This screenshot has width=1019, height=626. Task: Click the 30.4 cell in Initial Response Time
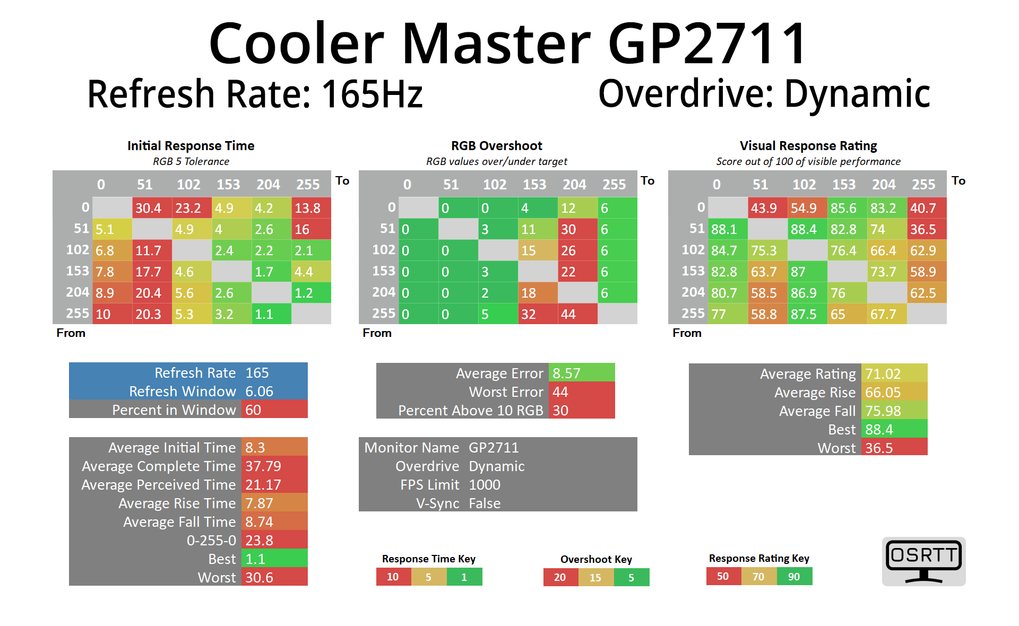pyautogui.click(x=152, y=208)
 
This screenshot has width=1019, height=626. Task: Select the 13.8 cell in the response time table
pyautogui.click(x=311, y=208)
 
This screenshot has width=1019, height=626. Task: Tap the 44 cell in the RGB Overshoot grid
pyautogui.click(x=577, y=314)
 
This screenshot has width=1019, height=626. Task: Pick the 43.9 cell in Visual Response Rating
pyautogui.click(x=767, y=208)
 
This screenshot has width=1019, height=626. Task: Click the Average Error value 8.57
pyautogui.click(x=581, y=373)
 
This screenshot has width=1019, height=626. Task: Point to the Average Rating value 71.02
pyautogui.click(x=894, y=373)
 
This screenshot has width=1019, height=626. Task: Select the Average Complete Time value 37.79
pyautogui.click(x=274, y=466)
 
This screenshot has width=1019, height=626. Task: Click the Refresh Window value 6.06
pyautogui.click(x=274, y=391)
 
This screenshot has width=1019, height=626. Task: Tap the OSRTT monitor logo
pyautogui.click(x=923, y=561)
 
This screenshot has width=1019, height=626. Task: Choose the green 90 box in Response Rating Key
pyautogui.click(x=794, y=577)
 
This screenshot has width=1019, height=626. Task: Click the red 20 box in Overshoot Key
pyautogui.click(x=560, y=577)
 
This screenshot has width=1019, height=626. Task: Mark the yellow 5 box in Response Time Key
pyautogui.click(x=429, y=577)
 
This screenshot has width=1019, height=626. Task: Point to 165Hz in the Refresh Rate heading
pyautogui.click(x=372, y=94)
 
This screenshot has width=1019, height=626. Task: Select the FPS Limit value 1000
pyautogui.click(x=485, y=484)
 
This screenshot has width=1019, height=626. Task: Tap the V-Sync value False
pyautogui.click(x=485, y=503)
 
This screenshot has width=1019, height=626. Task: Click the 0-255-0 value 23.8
pyautogui.click(x=274, y=540)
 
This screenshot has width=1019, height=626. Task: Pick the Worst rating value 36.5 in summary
pyautogui.click(x=894, y=448)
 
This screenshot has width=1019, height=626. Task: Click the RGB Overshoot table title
pyautogui.click(x=497, y=146)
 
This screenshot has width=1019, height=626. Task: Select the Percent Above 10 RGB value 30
pyautogui.click(x=581, y=410)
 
